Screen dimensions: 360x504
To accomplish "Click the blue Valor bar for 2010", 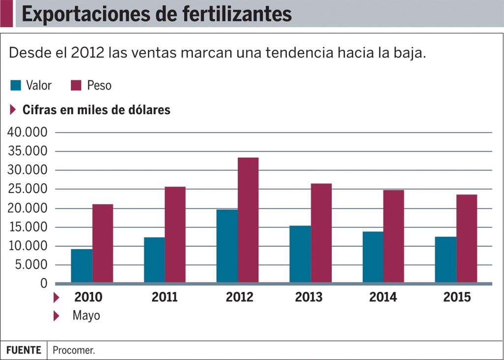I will point(82,266).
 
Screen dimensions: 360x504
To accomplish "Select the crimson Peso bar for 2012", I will point(248,220).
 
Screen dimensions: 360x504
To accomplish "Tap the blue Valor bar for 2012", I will point(227,246).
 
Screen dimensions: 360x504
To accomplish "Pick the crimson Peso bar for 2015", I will point(467,239).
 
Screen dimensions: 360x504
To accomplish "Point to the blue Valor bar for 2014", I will point(373,257).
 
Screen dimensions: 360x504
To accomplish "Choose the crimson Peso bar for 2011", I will point(175,234).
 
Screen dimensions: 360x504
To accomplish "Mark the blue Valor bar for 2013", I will point(300,254).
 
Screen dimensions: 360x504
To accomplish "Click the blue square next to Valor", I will point(16,85).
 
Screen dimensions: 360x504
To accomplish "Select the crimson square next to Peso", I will point(76,85).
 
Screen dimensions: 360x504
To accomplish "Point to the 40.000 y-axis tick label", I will point(28,132).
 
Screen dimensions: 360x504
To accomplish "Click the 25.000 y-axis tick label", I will point(28,189).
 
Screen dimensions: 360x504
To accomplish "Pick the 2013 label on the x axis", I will point(309,297).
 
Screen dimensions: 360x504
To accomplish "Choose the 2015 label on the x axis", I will point(457,297).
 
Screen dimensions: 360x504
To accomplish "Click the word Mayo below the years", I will point(86,315).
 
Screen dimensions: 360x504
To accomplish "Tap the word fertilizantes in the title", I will point(237,14).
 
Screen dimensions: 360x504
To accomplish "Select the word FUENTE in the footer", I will point(24,350).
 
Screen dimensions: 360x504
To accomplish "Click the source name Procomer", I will point(74,351).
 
